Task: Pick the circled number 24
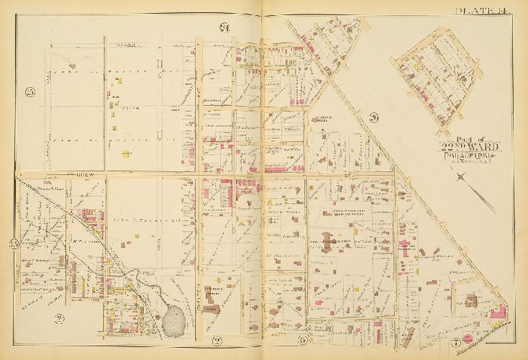coord(224,28)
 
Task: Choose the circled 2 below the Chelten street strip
coord(217,340)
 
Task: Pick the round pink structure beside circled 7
coord(467,337)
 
